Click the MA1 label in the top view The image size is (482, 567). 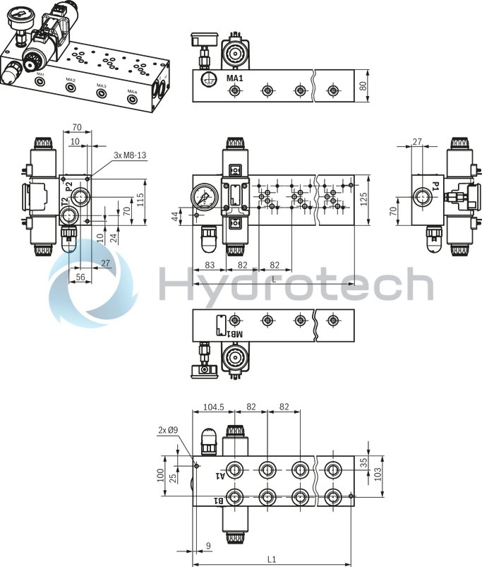235,78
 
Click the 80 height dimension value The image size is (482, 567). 363,86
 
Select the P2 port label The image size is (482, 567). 69,186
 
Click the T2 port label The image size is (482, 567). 64,205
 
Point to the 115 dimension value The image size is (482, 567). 140,200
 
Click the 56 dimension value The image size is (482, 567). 80,277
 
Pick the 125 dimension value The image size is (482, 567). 363,201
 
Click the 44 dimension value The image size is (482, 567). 176,215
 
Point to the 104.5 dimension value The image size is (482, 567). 213,407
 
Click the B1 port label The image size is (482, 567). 219,501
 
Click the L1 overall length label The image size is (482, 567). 272,559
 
